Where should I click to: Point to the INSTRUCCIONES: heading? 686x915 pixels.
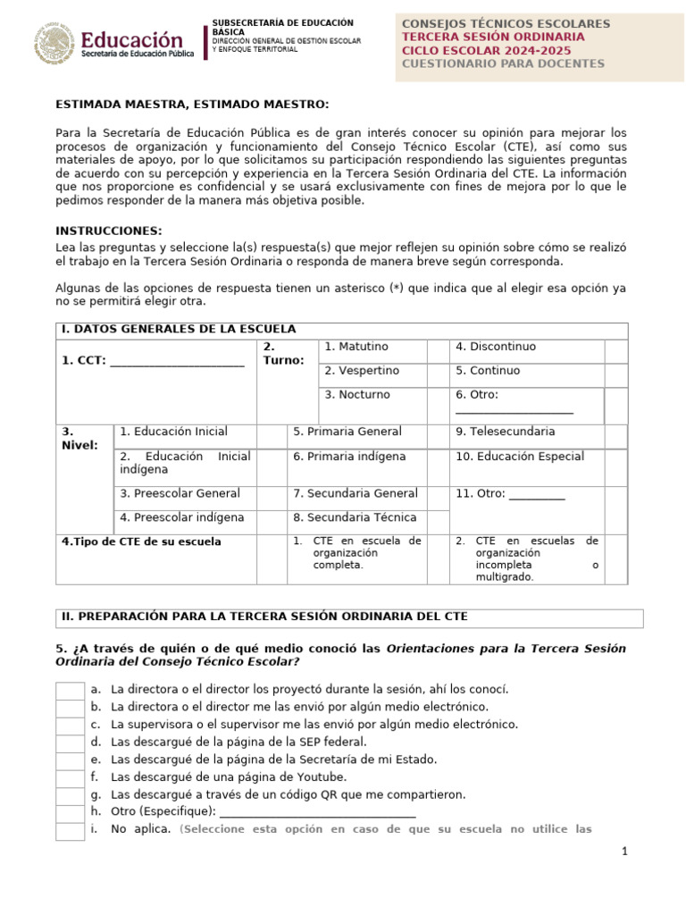click(108, 231)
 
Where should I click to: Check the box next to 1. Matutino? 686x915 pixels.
click(437, 351)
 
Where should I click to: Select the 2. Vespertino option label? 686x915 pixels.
click(362, 371)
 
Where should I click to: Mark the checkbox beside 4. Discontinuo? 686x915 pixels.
click(615, 351)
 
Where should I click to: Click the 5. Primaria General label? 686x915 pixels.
click(347, 432)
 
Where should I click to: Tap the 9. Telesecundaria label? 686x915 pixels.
click(505, 432)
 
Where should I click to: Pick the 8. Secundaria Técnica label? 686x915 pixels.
click(355, 517)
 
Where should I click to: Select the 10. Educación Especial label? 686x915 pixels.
click(520, 457)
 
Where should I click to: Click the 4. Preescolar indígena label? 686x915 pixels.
click(181, 517)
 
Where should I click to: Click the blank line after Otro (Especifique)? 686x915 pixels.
click(317, 811)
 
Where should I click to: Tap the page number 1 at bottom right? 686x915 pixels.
click(626, 852)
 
